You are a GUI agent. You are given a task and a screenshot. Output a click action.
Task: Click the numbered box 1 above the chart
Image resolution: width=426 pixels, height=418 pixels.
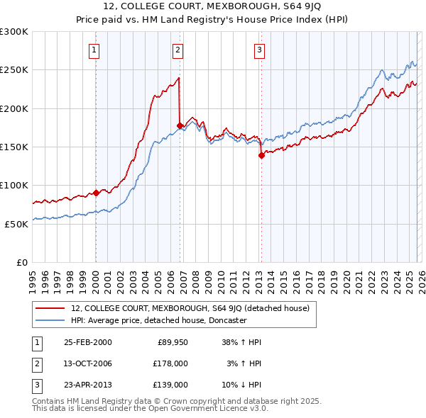point(94,50)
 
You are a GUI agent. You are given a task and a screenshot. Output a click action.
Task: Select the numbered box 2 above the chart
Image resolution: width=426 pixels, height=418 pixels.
point(177,50)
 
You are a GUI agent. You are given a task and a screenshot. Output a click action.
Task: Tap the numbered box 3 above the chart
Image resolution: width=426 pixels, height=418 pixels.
point(260,50)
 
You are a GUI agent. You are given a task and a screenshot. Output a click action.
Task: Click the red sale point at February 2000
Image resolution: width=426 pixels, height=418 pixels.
point(96,193)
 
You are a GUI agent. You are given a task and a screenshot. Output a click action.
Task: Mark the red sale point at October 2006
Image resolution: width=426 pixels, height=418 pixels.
point(180,125)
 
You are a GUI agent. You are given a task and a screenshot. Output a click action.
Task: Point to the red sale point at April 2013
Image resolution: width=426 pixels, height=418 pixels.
point(261,155)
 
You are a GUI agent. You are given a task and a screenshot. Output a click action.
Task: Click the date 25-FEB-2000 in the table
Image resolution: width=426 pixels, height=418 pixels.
point(87,342)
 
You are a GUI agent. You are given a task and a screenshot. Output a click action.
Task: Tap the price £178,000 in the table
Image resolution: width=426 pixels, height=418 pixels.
point(170,363)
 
